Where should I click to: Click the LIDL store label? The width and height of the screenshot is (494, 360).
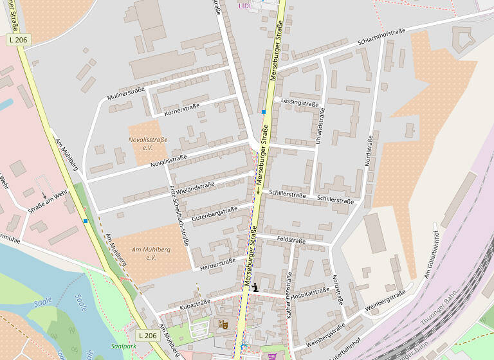(245, 6)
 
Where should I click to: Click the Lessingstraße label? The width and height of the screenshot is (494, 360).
(300, 103)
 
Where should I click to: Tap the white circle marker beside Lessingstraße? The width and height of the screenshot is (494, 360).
(277, 100)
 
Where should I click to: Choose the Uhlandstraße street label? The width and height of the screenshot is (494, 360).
(322, 125)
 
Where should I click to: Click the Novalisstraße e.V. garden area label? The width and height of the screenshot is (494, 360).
(148, 143)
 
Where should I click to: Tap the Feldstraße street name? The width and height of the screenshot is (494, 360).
(291, 240)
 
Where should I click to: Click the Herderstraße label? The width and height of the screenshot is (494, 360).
(217, 262)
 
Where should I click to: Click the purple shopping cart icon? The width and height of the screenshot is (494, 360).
(273, 355)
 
